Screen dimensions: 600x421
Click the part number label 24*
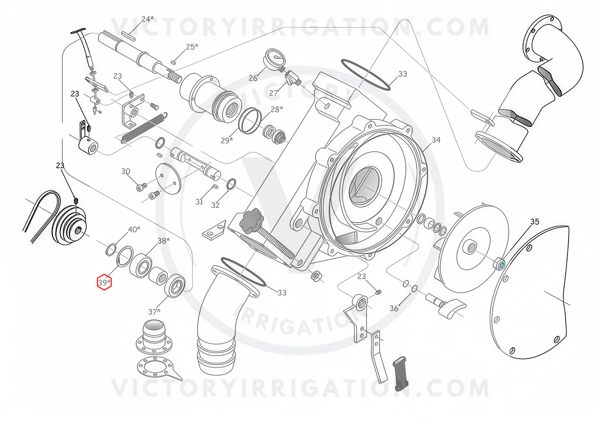click(148, 19)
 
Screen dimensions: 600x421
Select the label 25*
click(192, 46)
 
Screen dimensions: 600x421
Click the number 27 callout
click(274, 93)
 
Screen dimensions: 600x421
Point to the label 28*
click(277, 109)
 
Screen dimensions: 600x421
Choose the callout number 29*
click(227, 140)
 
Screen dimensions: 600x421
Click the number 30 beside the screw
click(126, 171)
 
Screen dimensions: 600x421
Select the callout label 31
click(199, 202)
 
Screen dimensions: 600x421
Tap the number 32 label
click(215, 205)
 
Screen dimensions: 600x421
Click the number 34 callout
click(436, 140)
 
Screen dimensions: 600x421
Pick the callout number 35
click(535, 221)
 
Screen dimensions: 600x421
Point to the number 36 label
click(394, 309)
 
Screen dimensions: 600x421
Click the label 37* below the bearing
click(154, 312)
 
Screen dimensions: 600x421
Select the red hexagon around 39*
click(104, 282)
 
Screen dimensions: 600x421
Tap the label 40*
click(134, 229)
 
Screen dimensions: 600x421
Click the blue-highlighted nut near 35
click(499, 265)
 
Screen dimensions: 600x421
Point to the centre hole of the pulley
click(79, 230)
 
